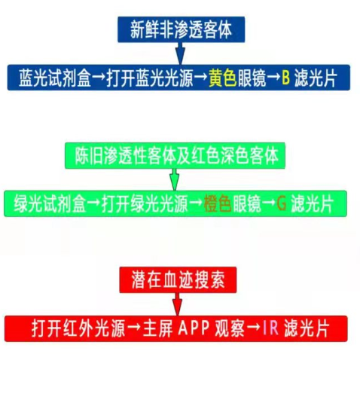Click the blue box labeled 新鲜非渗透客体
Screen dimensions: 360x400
182,29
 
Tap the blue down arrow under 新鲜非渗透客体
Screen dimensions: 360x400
181,53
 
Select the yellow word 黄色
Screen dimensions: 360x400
223,78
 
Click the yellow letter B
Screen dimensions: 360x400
286,78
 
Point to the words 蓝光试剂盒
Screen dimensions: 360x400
55,78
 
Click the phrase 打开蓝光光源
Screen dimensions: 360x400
150,78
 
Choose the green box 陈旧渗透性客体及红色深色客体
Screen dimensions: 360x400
175,156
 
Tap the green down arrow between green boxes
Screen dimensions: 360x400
175,179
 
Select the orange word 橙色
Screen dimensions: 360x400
218,204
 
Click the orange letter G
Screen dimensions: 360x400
282,203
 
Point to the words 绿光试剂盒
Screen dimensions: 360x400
50,204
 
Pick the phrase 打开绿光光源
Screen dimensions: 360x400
145,204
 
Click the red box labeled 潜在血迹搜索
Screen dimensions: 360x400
178,280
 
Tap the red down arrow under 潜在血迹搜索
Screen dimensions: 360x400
177,304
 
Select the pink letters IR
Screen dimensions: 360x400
270,328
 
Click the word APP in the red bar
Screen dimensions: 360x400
194,328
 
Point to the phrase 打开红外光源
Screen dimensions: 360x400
78,328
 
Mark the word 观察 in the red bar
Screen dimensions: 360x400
230,328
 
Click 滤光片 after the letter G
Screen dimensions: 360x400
312,204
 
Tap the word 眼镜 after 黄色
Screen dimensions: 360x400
252,78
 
